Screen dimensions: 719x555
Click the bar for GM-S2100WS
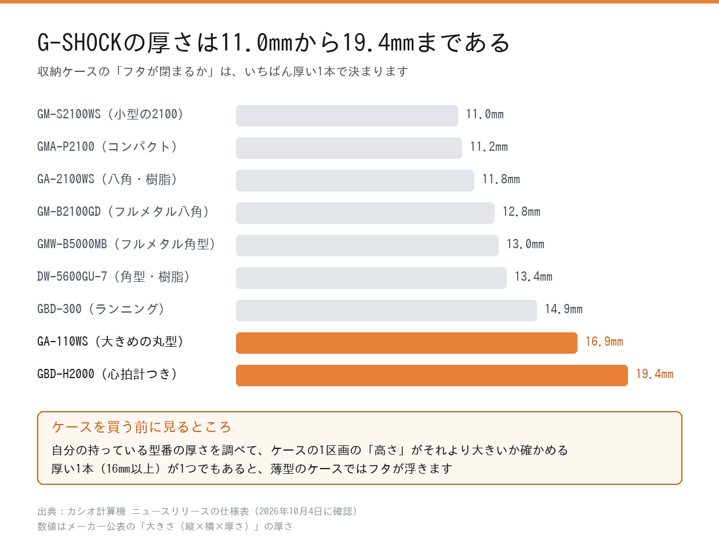pos(347,115)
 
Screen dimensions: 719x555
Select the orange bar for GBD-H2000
pos(432,375)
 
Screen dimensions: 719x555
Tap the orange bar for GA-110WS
pos(406,343)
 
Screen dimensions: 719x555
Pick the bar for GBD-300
pos(386,310)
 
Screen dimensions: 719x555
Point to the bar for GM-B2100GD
pos(365,213)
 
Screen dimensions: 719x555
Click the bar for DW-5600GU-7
pos(371,278)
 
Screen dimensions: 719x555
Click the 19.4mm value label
pos(655,374)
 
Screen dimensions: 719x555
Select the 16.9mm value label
pos(604,342)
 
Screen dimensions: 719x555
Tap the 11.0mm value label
pos(485,114)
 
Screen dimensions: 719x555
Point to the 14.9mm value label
pos(564,309)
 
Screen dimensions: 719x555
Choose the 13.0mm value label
pos(525,244)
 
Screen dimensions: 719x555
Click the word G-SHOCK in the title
pos(79,43)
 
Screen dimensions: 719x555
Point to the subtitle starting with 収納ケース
pos(223,71)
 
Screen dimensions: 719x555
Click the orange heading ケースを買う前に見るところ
pos(141,427)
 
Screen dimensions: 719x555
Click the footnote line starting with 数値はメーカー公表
pos(165,527)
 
